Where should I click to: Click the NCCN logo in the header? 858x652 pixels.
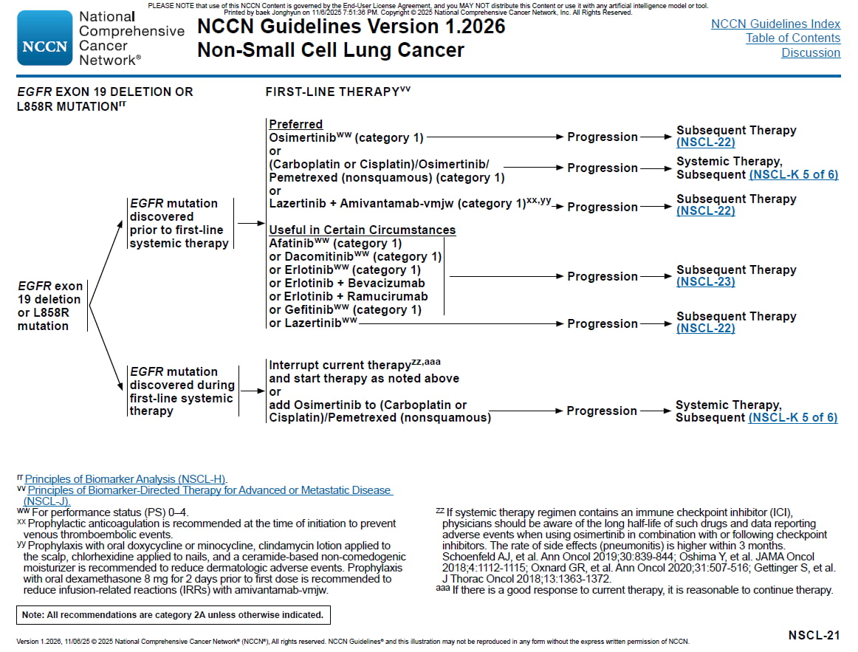pyautogui.click(x=44, y=38)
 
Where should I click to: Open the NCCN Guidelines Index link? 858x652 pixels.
pyautogui.click(x=775, y=24)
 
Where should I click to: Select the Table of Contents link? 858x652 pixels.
pyautogui.click(x=792, y=38)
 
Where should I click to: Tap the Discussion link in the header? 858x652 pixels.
pyautogui.click(x=811, y=53)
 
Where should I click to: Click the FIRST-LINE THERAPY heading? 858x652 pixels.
pyautogui.click(x=332, y=92)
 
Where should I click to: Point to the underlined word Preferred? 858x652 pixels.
pyautogui.click(x=295, y=124)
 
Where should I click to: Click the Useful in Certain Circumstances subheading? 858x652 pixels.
pyautogui.click(x=362, y=230)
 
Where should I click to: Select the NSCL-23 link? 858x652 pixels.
pyautogui.click(x=705, y=281)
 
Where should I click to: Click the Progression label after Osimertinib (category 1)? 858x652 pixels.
pyautogui.click(x=602, y=137)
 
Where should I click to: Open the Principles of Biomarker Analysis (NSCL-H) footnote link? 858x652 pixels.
pyautogui.click(x=126, y=479)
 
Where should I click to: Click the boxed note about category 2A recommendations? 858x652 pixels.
pyautogui.click(x=173, y=614)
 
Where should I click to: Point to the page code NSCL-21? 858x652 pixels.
pyautogui.click(x=814, y=635)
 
